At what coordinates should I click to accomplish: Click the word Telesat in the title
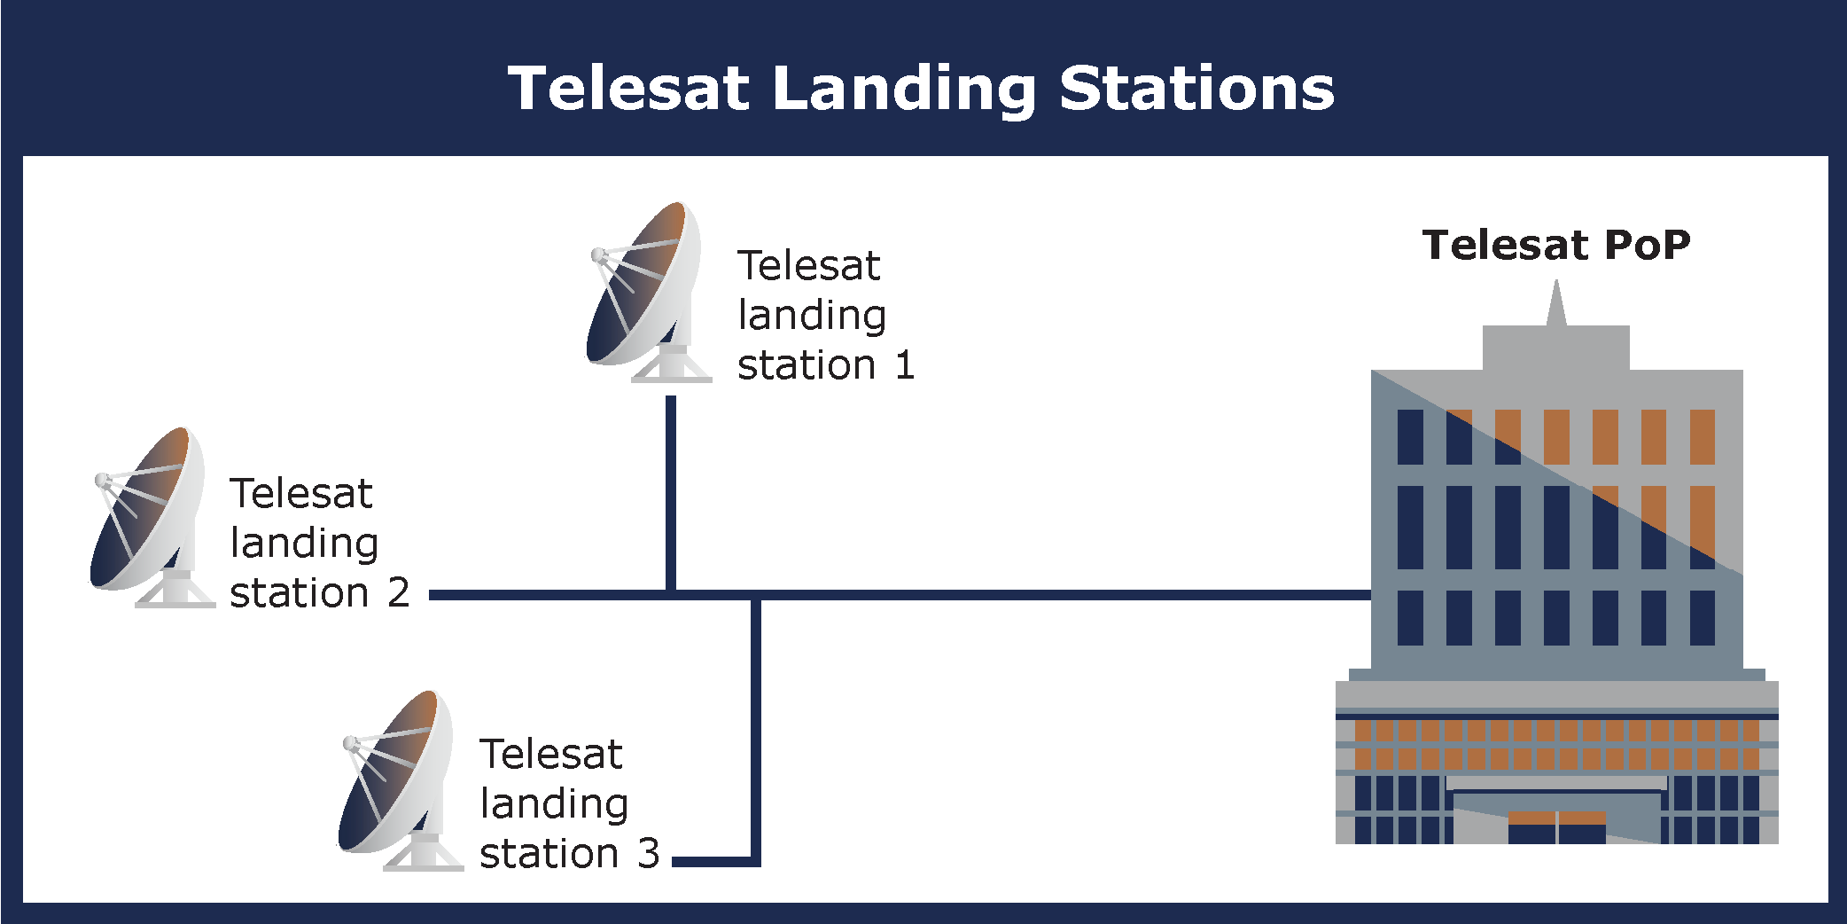tap(628, 89)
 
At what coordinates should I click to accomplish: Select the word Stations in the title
tap(1196, 89)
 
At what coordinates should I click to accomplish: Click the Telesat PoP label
tap(1556, 245)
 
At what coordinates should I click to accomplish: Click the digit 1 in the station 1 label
tap(904, 365)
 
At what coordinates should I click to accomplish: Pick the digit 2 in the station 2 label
tap(399, 592)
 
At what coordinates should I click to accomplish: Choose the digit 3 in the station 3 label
tap(649, 853)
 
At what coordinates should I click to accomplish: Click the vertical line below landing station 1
tap(671, 492)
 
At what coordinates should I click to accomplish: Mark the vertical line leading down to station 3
tap(756, 727)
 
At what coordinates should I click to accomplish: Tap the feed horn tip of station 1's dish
tap(599, 256)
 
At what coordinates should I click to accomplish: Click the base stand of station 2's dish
tap(175, 592)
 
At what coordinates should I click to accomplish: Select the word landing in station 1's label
tap(812, 317)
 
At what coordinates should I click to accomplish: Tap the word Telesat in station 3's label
tap(551, 755)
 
